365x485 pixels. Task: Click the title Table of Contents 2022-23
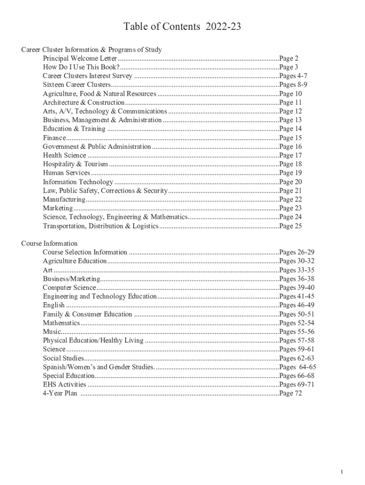coord(182,27)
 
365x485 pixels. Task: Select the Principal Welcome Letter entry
coord(80,59)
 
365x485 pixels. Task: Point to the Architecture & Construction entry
coord(83,103)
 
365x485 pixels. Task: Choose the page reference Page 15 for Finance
coord(291,138)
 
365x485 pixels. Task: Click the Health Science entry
coord(64,155)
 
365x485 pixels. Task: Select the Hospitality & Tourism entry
coord(75,164)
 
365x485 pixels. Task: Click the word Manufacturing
coord(64,200)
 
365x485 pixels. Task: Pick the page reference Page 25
coord(291,226)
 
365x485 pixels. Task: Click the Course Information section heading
coord(49,243)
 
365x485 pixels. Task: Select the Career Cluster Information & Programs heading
coord(91,50)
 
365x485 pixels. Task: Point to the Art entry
coord(47,270)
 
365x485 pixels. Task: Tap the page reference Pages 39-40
coord(297,288)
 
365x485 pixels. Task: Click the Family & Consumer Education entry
coord(88,314)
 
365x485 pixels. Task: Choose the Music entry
coord(52,332)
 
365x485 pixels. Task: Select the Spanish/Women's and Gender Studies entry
coord(98,367)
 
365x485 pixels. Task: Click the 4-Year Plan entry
coord(60,394)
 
